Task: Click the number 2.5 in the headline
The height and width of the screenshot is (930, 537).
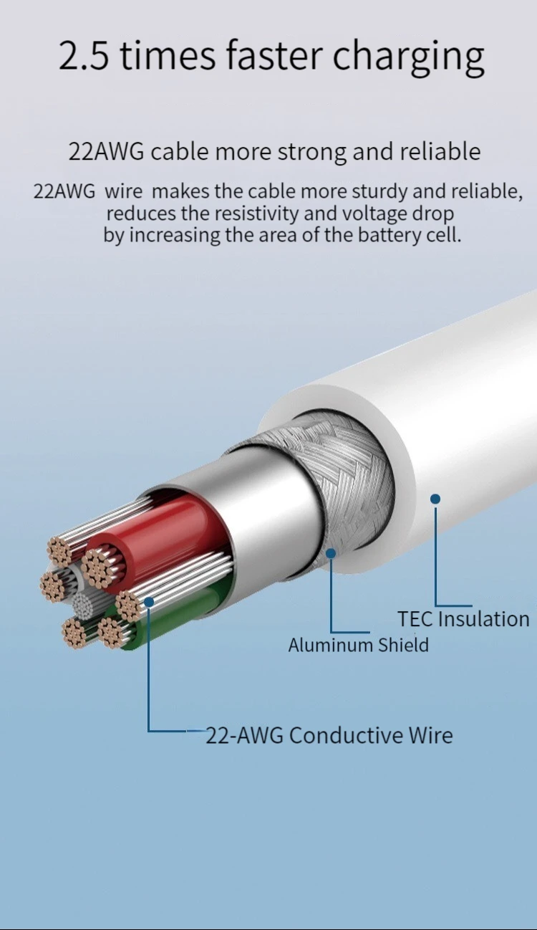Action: tap(83, 56)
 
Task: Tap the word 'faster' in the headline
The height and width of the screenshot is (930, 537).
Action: tap(263, 56)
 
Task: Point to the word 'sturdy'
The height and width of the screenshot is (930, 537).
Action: tap(373, 192)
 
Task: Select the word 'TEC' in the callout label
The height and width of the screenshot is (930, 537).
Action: tap(415, 618)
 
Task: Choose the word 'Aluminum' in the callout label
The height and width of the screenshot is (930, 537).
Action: tap(331, 645)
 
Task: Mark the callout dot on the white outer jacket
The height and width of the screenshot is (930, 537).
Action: tap(435, 498)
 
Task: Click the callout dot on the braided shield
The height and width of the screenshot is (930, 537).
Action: tap(331, 553)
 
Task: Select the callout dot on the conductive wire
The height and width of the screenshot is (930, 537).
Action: tap(148, 602)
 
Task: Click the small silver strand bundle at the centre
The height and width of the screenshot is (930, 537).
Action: tap(87, 606)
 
